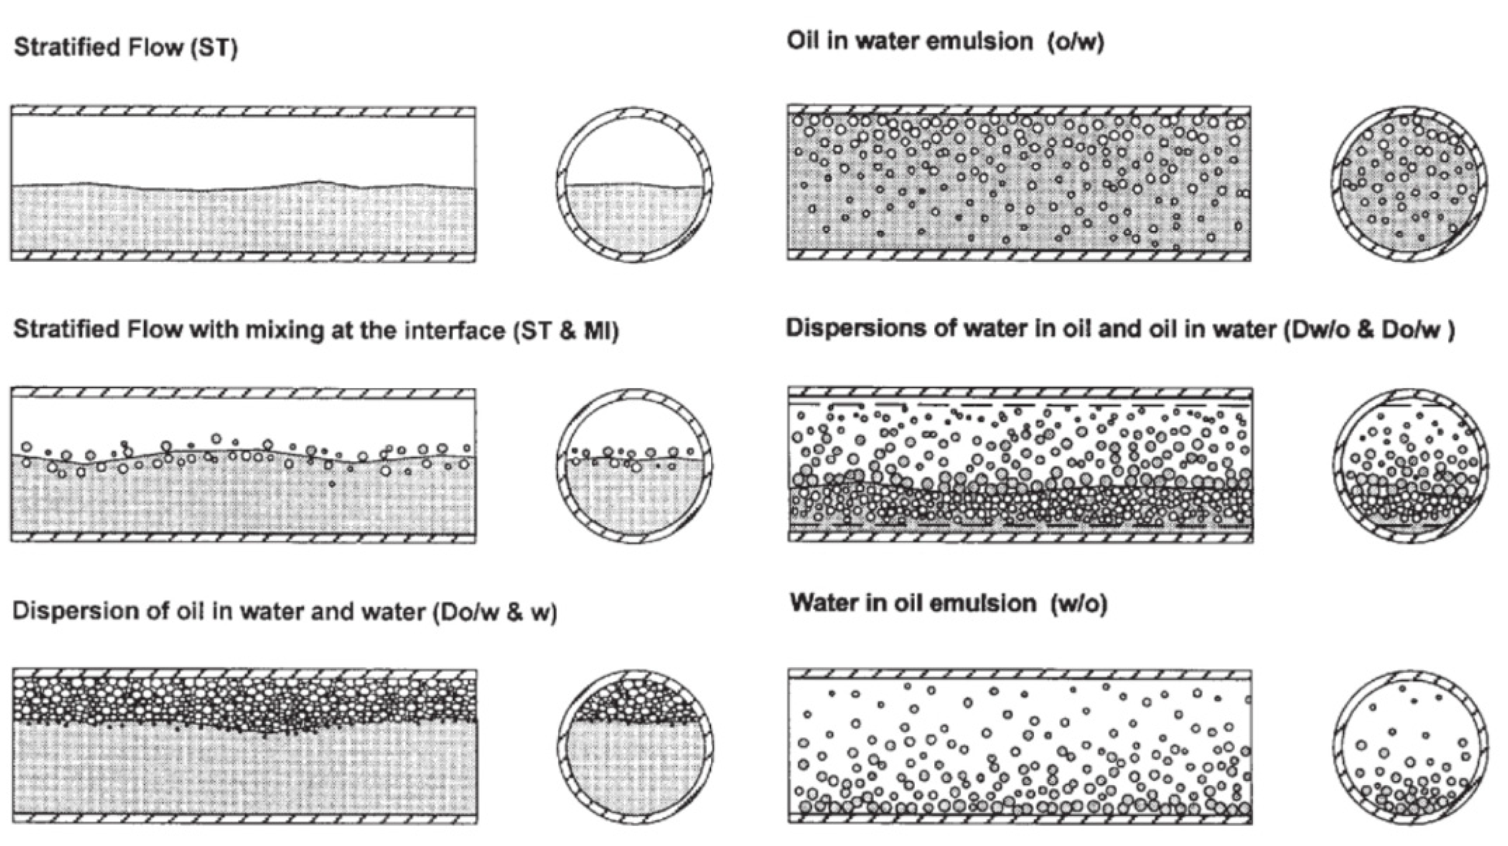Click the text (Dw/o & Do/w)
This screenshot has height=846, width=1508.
tap(1369, 330)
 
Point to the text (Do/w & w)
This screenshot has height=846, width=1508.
tap(494, 612)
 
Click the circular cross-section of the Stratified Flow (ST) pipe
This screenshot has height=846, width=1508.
tap(635, 184)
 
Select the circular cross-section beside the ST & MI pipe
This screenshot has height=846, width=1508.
tap(635, 466)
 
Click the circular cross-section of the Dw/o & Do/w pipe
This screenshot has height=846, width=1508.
tap(1411, 466)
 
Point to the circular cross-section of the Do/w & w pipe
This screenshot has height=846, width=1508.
tap(636, 747)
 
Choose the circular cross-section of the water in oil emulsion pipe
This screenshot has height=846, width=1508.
tap(1411, 747)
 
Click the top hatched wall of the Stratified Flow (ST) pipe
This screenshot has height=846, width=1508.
tap(243, 111)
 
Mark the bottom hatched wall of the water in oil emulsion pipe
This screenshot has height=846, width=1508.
tap(1019, 818)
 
